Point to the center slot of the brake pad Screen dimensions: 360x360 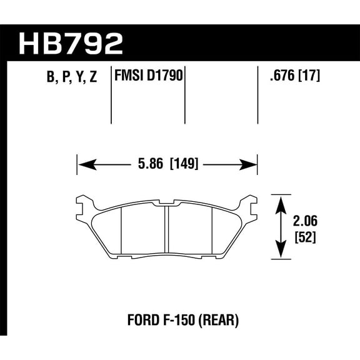166,230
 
